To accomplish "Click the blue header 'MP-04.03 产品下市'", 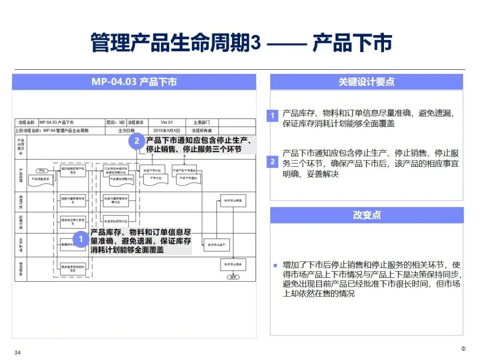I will tap(134, 82).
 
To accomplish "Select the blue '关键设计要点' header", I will tap(366, 82).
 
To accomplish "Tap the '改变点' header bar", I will tap(366, 215).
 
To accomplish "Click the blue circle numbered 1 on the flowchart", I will tap(81, 239).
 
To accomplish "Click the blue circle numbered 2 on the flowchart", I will tap(137, 142).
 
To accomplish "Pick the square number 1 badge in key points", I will tap(272, 116).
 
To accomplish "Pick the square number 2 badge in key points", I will tap(272, 162).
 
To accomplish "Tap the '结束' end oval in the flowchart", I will tap(233, 277).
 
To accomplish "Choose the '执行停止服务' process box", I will tap(233, 264).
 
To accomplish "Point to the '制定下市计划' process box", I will tap(152, 170).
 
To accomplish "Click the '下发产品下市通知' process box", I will tap(184, 170).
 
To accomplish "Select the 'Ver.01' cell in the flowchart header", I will tap(167, 122).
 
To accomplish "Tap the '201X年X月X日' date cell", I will tap(167, 131).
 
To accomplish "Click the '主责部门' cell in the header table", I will tap(201, 122).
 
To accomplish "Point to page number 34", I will tap(18, 352).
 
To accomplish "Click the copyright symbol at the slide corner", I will tap(463, 348).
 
